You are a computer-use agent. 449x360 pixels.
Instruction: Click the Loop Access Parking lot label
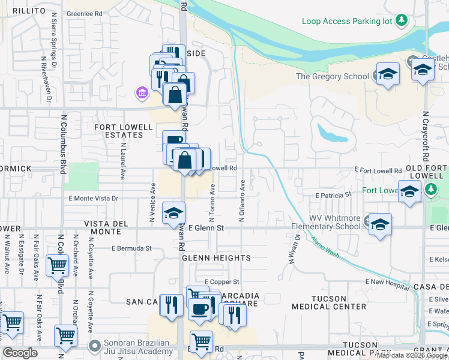(x=347, y=21)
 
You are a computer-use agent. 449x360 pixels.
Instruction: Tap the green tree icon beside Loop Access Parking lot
(x=402, y=21)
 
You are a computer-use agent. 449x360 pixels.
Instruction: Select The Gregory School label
(x=332, y=76)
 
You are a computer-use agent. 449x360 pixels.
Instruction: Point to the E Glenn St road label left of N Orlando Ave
(x=206, y=228)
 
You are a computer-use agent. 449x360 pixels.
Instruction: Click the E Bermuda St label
(x=131, y=248)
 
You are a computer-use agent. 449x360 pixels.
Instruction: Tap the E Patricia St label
(x=333, y=195)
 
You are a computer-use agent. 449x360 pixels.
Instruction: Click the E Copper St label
(x=222, y=281)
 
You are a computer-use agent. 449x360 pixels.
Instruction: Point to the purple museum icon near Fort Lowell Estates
(x=142, y=92)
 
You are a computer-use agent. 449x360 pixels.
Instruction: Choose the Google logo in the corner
(x=20, y=353)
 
